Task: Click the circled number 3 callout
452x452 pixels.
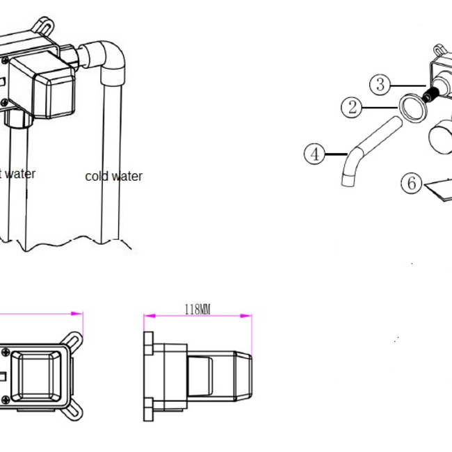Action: [x=379, y=86]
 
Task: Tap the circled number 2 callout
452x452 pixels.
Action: [x=353, y=107]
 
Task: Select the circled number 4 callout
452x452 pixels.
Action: [x=316, y=153]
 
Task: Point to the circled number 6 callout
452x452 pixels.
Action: [x=412, y=183]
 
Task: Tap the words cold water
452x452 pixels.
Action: [x=113, y=176]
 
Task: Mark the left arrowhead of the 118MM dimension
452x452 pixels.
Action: [x=147, y=316]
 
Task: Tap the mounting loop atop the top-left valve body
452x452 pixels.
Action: [x=44, y=25]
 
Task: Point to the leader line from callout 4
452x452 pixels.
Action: [x=336, y=153]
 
